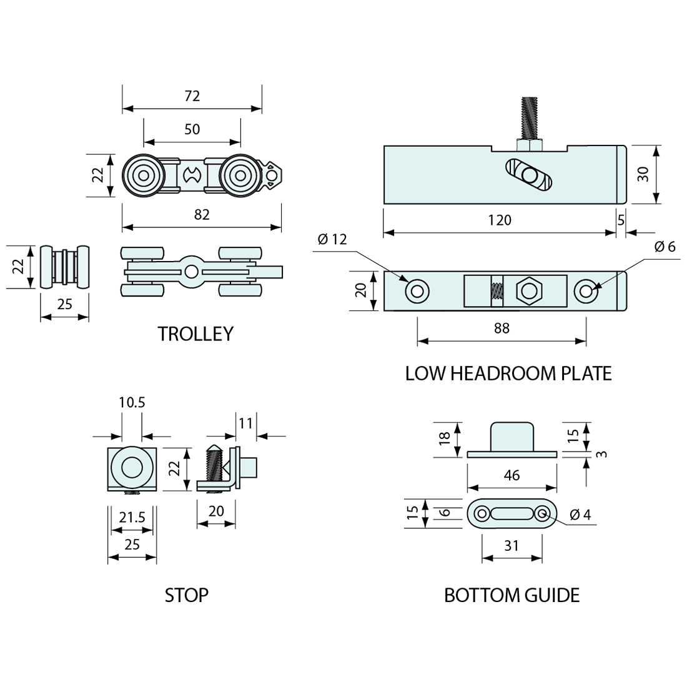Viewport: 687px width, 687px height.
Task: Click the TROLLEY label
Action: point(195,334)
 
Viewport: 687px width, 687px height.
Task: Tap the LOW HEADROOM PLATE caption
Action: point(508,373)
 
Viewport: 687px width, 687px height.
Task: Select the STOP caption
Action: point(186,595)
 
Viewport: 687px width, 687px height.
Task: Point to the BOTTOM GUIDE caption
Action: point(512,595)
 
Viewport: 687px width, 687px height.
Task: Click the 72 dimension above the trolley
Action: point(192,96)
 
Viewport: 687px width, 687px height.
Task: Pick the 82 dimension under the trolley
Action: point(202,214)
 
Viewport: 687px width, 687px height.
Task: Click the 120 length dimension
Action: point(500,220)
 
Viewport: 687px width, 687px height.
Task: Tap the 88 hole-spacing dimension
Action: point(502,328)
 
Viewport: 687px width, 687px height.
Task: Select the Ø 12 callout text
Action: point(331,239)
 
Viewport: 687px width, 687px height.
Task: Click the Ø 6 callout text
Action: point(665,247)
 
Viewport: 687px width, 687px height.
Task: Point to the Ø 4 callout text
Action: point(580,515)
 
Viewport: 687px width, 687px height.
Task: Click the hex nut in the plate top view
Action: point(530,290)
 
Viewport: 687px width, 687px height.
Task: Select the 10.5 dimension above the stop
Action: point(132,403)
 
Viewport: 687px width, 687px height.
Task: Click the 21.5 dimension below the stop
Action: point(132,518)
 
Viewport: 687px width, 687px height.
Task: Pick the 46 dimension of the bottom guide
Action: point(512,476)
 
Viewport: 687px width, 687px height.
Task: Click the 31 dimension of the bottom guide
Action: point(512,545)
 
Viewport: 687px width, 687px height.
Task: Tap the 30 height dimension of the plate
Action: point(643,174)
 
